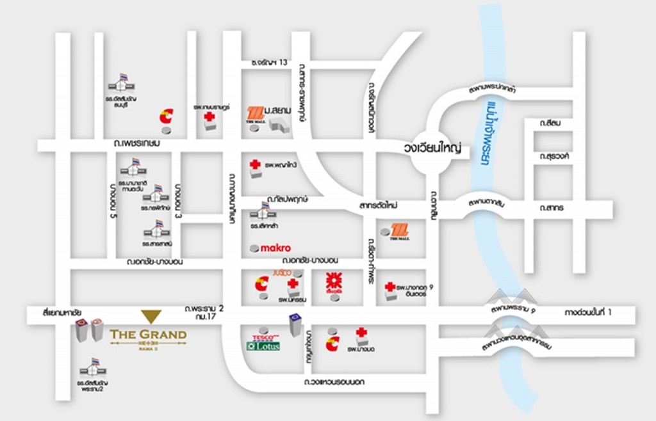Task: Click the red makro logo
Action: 276,248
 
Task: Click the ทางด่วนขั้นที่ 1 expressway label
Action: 589,312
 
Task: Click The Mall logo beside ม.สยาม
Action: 256,115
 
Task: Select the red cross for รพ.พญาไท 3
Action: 254,165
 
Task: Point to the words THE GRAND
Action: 148,334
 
